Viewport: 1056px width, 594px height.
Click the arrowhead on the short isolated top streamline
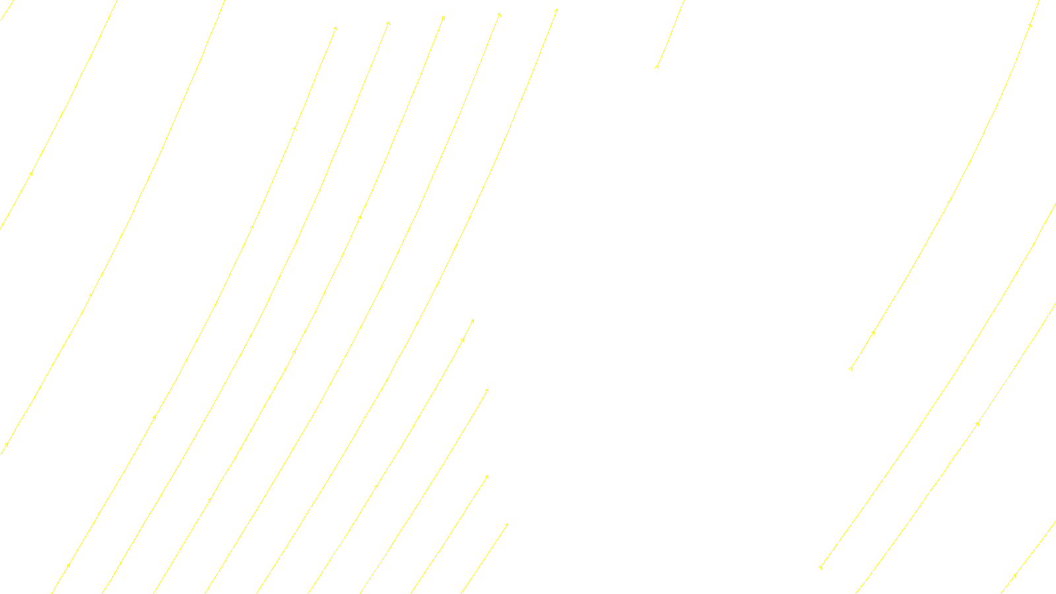click(657, 67)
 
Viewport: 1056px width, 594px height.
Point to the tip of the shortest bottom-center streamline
click(507, 525)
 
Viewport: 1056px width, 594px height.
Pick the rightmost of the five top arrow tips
click(556, 11)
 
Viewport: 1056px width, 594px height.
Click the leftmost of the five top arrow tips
click(335, 28)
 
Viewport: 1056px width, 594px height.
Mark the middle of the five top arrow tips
click(443, 18)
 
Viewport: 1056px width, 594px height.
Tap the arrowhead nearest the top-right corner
click(1029, 25)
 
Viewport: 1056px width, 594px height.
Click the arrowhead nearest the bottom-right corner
click(1014, 576)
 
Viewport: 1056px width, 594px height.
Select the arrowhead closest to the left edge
click(6, 445)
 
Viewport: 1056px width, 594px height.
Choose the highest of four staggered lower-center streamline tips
click(473, 321)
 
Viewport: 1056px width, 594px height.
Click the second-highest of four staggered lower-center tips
click(487, 390)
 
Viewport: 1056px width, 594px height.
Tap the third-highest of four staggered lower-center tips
click(487, 477)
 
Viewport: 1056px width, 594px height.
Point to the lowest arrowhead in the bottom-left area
click(69, 566)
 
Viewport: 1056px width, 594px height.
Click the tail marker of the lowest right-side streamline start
click(820, 566)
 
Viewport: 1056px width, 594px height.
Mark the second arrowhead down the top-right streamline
click(949, 201)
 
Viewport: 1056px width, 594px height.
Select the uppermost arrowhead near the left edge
click(31, 174)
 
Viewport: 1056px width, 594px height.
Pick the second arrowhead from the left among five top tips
click(388, 23)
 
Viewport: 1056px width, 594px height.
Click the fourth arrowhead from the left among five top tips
click(499, 14)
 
